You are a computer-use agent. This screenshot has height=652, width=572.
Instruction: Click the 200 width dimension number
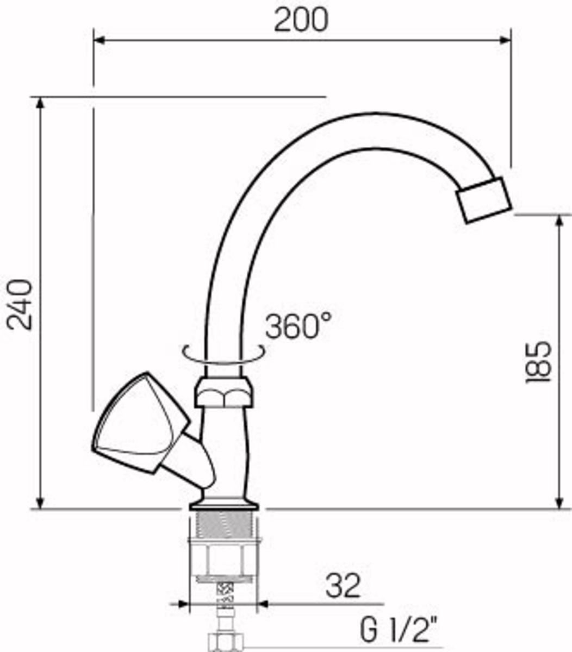point(301,20)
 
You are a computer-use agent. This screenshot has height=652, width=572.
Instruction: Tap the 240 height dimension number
point(20,305)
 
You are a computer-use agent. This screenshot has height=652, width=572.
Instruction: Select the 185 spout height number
point(538,362)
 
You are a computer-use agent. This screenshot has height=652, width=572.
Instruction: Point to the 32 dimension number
point(343,585)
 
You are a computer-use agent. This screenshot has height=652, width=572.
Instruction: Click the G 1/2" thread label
point(399,629)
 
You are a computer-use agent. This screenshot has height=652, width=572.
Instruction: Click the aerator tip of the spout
point(483,200)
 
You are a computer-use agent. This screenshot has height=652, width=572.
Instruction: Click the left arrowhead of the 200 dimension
point(99,40)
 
